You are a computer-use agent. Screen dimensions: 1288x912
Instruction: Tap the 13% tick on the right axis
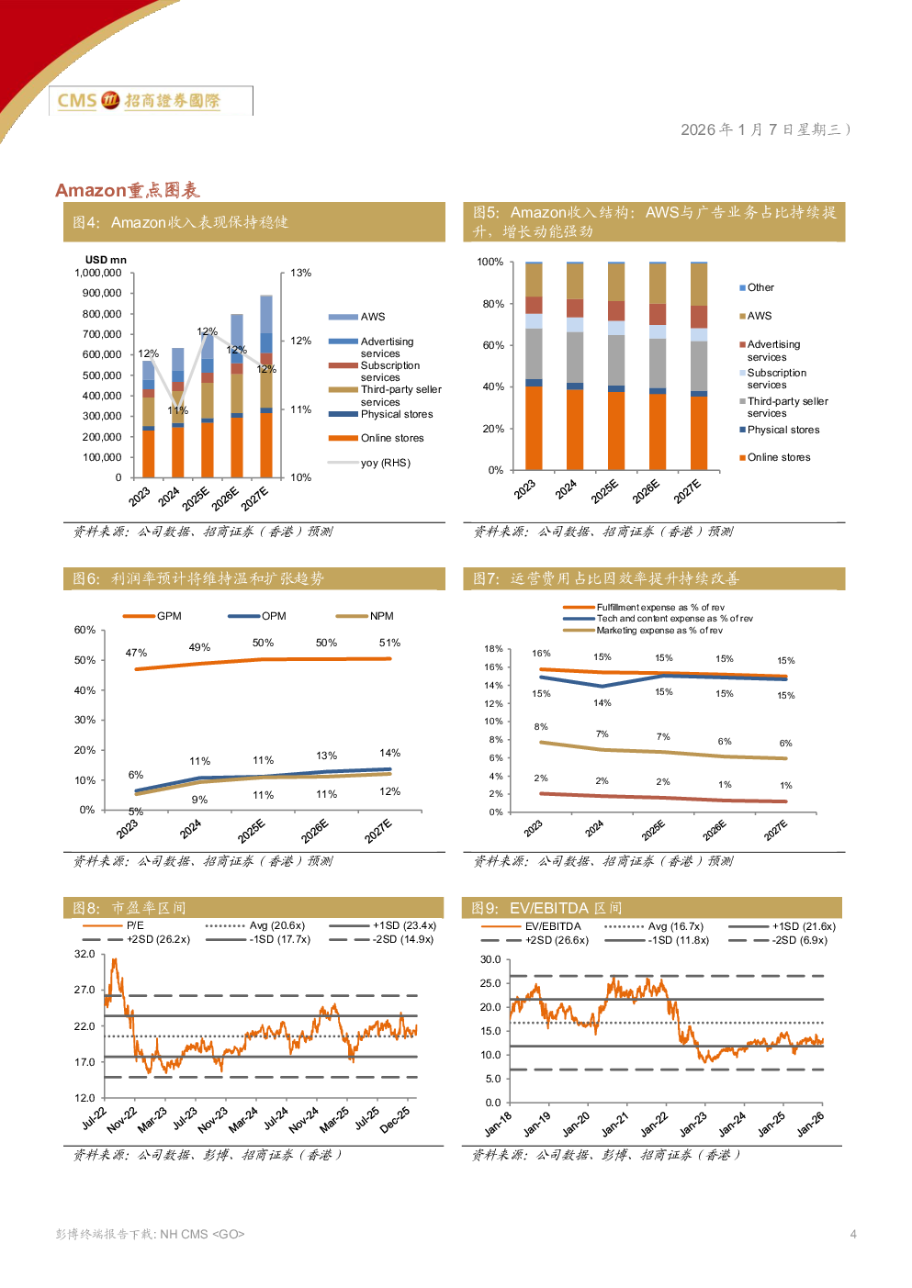pos(300,274)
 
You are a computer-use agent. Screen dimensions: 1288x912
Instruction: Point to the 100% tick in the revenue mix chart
pos(490,263)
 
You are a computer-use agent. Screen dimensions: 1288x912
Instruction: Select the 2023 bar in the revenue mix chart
pos(534,365)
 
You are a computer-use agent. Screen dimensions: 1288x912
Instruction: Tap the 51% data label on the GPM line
pos(389,644)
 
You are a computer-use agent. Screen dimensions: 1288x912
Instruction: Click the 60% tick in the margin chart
pos(84,631)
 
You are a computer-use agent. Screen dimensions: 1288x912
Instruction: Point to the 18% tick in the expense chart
pos(493,649)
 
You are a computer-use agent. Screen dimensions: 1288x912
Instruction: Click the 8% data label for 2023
pos(541,727)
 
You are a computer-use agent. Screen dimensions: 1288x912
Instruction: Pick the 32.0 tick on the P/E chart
pos(84,955)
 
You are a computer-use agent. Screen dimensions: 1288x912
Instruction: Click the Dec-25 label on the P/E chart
pos(396,1119)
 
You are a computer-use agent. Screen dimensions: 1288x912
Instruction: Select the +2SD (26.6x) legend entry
pos(557,941)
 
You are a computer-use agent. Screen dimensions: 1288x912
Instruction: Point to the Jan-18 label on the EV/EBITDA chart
pos(499,1125)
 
